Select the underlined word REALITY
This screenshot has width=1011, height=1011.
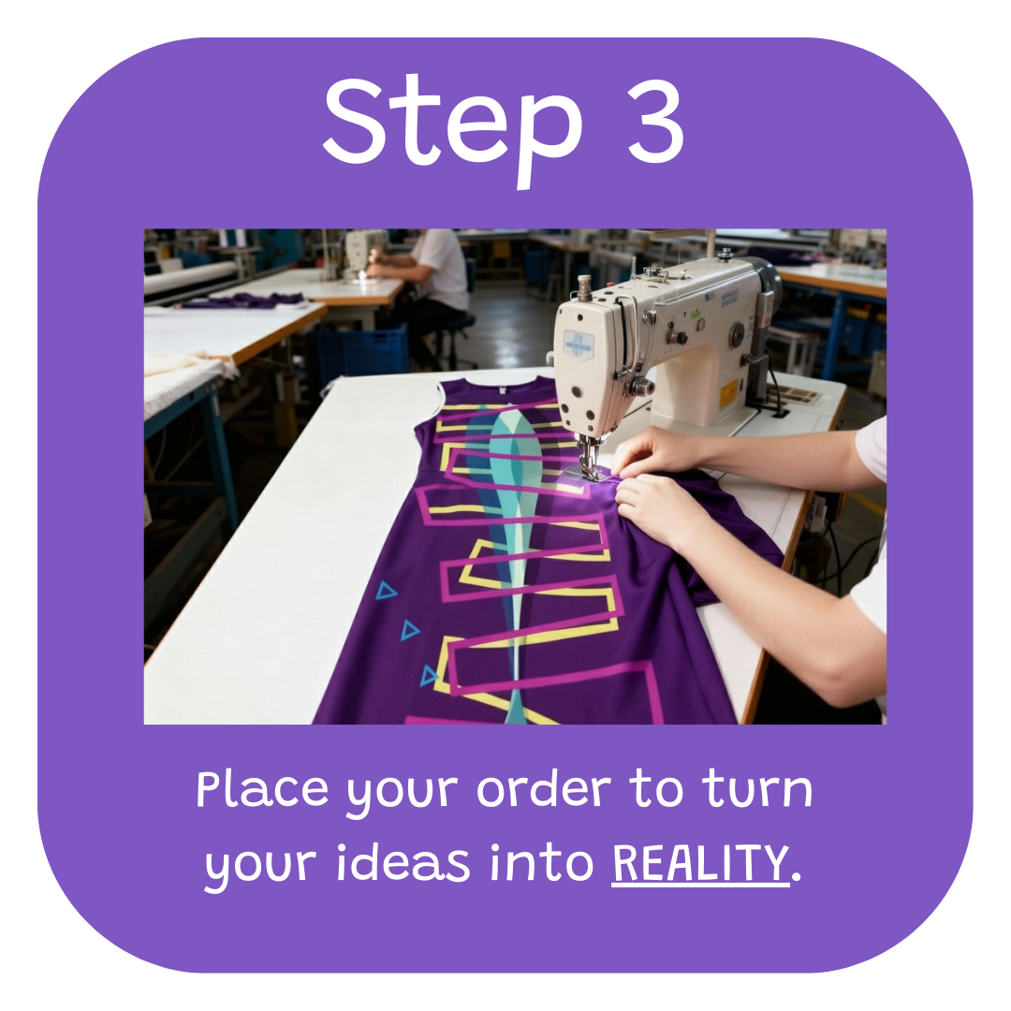tap(700, 863)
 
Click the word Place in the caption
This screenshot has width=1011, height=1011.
tap(262, 789)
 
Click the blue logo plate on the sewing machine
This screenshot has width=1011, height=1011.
tap(579, 344)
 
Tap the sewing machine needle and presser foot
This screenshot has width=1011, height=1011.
tap(588, 459)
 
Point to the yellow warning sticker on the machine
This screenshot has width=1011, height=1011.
tap(728, 392)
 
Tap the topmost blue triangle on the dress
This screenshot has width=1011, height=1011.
tap(386, 591)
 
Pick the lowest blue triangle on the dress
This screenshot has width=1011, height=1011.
tap(429, 676)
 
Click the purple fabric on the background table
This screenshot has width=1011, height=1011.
tap(245, 300)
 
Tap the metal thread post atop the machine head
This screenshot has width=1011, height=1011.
tap(584, 287)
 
